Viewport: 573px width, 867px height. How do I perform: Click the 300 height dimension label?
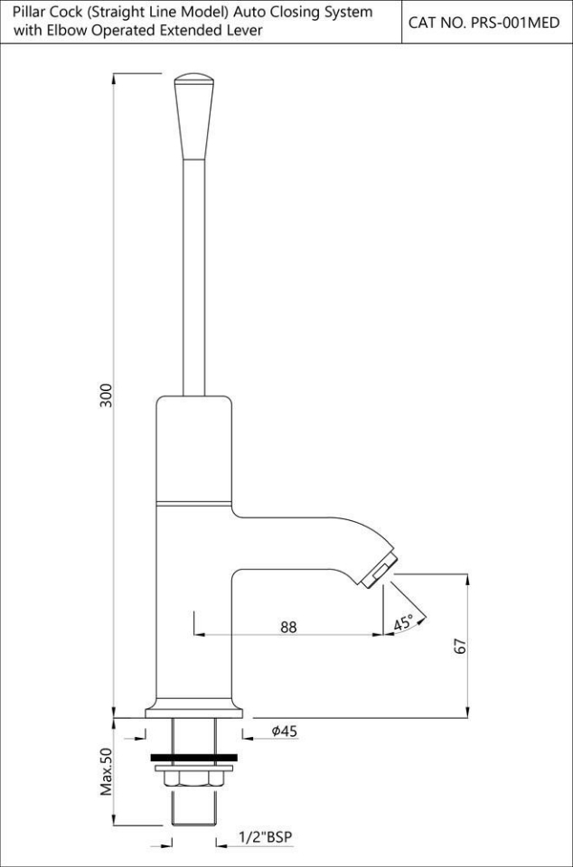coord(106,396)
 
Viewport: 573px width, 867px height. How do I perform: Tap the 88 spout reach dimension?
coord(288,627)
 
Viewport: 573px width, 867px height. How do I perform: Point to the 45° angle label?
coord(404,622)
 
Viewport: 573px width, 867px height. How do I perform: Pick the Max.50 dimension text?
coord(106,771)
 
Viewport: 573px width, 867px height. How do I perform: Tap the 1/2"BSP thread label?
coord(267,837)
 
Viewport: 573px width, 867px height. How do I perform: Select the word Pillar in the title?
coord(30,13)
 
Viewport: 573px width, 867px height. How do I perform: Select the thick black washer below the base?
coord(194,756)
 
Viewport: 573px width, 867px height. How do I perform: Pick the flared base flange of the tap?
coord(194,710)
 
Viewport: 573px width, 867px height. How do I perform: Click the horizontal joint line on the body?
coord(194,500)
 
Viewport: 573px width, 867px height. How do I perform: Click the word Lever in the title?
coord(245,31)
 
